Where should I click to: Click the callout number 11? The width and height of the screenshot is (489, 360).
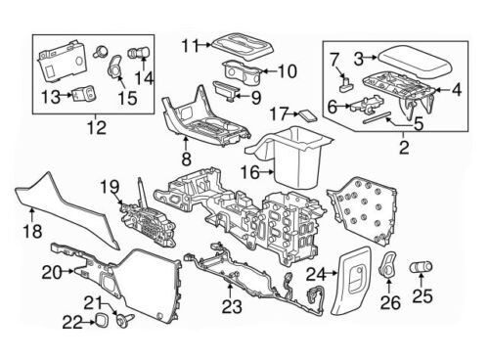point(191,45)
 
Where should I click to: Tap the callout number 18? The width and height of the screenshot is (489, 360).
point(32,231)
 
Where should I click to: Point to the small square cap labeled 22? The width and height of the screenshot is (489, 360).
point(98,318)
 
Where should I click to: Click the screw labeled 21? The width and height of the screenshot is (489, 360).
point(125,319)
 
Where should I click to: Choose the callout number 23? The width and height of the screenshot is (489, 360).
point(232,306)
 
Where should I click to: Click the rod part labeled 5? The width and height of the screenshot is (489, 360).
point(377,117)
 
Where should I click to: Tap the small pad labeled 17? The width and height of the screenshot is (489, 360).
point(308,114)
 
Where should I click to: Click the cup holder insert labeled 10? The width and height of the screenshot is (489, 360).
point(243,71)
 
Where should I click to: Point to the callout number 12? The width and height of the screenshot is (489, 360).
point(97,127)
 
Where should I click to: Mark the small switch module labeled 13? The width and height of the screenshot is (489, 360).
point(85,94)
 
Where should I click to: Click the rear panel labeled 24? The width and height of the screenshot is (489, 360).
point(353,281)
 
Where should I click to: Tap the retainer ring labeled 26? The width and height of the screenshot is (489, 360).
point(387,266)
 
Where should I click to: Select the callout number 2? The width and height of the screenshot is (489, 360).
point(404,148)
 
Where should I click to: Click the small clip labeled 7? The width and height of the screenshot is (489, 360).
point(346,83)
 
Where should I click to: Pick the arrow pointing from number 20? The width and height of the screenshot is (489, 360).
point(67,271)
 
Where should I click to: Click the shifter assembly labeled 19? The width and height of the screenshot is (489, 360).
point(148,216)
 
